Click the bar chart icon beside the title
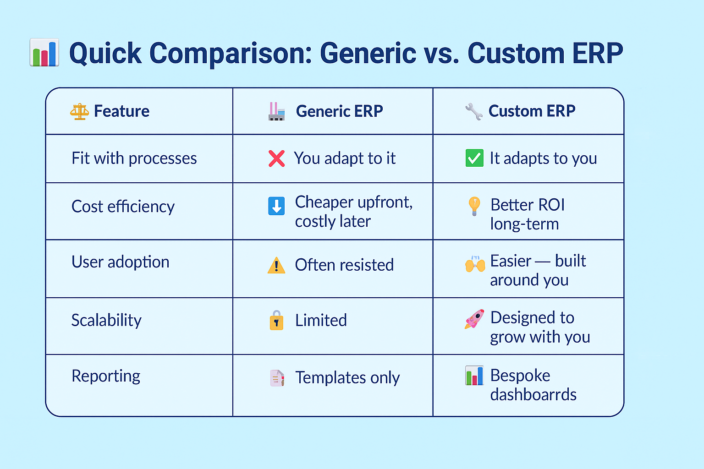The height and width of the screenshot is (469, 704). pyautogui.click(x=44, y=52)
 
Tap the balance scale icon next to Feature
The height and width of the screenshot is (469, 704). pyautogui.click(x=79, y=111)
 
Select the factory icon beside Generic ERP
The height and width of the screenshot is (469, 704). pyautogui.click(x=276, y=111)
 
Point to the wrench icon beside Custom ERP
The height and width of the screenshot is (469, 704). pyautogui.click(x=474, y=111)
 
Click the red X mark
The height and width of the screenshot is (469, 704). pyautogui.click(x=276, y=158)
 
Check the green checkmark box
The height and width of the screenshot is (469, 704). pyautogui.click(x=474, y=158)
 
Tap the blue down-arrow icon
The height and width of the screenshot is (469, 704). pyautogui.click(x=276, y=206)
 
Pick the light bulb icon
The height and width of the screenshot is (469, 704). pyautogui.click(x=474, y=206)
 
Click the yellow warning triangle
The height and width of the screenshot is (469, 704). pyautogui.click(x=276, y=266)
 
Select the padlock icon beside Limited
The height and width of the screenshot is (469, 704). pyautogui.click(x=276, y=320)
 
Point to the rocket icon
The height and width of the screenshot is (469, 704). pyautogui.click(x=474, y=319)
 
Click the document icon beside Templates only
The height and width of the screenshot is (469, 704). pyautogui.click(x=277, y=378)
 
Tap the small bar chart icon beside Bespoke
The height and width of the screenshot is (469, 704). pyautogui.click(x=474, y=376)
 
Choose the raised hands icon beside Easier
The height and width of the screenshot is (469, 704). pyautogui.click(x=475, y=263)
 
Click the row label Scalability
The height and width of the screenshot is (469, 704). pyautogui.click(x=106, y=321)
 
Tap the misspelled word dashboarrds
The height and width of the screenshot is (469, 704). pyautogui.click(x=533, y=394)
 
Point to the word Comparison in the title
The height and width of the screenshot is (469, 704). pyautogui.click(x=231, y=54)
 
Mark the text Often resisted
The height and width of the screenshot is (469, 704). pyautogui.click(x=344, y=265)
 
